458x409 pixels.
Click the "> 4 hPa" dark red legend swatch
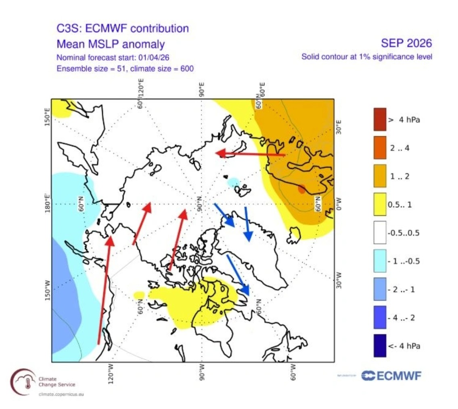point(380,119)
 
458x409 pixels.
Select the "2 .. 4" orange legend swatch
point(380,148)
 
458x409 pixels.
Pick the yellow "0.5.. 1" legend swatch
point(380,204)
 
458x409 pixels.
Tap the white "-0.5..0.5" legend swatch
point(380,232)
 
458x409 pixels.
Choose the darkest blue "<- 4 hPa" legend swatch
point(380,346)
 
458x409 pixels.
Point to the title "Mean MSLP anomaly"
point(111,44)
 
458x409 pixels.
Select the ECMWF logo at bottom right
point(391,376)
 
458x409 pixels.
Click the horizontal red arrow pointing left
point(250,154)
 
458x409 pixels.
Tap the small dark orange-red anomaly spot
point(301,189)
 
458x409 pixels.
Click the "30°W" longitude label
point(338,278)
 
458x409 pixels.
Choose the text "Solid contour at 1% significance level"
point(367,57)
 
